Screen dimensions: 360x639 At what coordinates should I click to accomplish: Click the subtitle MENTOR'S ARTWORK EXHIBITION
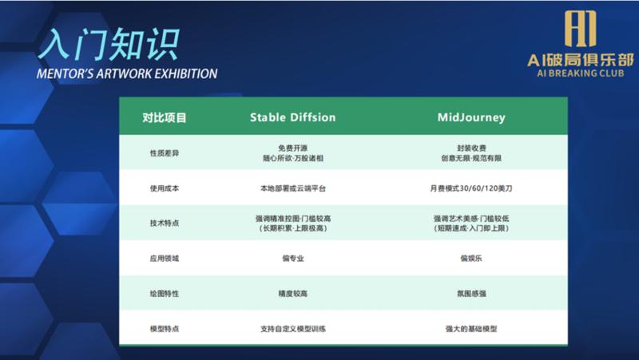click(128, 74)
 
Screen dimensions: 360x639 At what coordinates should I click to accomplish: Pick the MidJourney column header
click(470, 117)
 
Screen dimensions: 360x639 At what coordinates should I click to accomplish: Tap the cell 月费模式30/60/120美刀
click(470, 188)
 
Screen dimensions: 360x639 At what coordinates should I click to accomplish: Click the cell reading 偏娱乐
click(470, 259)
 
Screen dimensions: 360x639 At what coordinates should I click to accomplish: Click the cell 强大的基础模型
click(470, 329)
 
